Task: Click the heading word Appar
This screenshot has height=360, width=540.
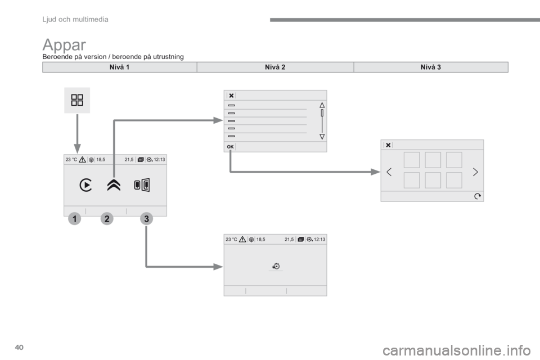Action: tap(64, 45)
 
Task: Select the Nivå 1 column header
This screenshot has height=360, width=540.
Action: tap(119, 67)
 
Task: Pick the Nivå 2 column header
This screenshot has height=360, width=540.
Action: tap(275, 67)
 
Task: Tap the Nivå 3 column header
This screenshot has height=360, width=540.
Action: tap(431, 67)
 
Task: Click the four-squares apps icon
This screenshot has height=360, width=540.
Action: tap(77, 100)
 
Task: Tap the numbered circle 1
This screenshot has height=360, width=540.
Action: tap(74, 219)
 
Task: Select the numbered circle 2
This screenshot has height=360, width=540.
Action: tap(107, 219)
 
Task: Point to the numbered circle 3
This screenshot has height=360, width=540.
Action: tap(146, 219)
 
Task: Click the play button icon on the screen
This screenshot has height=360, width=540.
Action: tap(85, 185)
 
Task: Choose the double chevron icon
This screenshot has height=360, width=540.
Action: tap(114, 185)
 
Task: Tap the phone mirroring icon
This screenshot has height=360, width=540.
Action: tap(142, 185)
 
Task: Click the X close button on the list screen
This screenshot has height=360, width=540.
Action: tap(231, 96)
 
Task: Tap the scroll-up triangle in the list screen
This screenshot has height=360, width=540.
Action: tap(322, 105)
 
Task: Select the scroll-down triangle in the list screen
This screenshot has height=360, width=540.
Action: tap(322, 137)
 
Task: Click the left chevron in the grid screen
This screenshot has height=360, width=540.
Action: tap(389, 172)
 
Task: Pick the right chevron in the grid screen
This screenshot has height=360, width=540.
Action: tap(475, 172)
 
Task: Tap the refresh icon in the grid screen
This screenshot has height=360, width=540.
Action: tap(478, 196)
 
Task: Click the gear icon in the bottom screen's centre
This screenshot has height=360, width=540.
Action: tap(276, 266)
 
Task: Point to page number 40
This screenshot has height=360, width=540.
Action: tap(19, 347)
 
